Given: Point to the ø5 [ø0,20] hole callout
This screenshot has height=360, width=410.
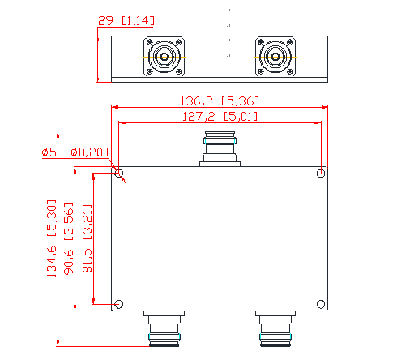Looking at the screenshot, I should (75, 152).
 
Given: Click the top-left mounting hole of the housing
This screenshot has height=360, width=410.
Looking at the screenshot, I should (119, 174).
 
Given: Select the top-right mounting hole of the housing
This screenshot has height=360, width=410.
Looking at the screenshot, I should (321, 174).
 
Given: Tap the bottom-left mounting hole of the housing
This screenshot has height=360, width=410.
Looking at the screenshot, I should (119, 304).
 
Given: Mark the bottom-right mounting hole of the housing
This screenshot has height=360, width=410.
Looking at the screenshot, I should (321, 304).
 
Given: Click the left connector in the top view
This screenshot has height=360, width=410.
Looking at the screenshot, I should (165, 58).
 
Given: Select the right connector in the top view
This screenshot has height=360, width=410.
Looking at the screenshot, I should (275, 58).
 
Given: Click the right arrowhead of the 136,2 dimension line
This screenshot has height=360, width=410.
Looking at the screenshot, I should (326, 107).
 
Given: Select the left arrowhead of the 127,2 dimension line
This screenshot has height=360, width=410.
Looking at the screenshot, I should (122, 122).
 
